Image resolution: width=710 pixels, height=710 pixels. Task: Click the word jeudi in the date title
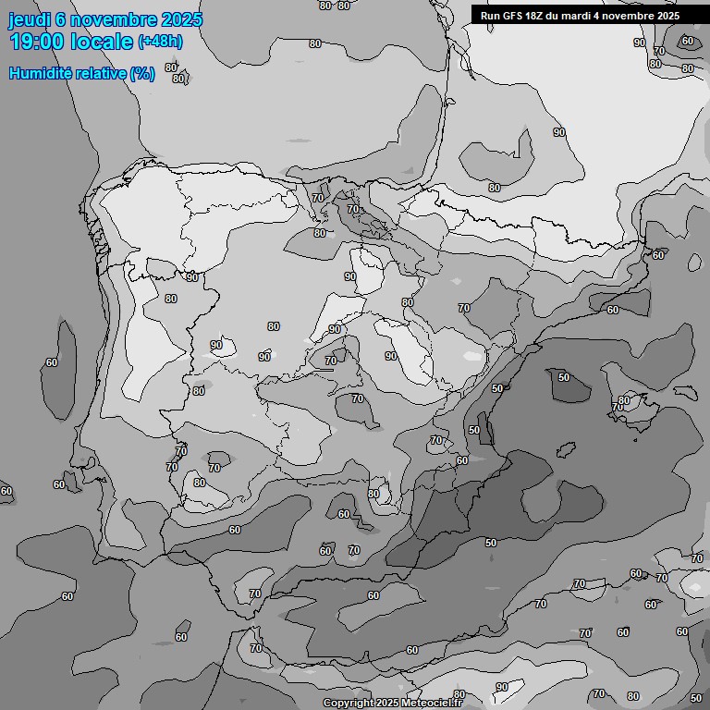pos(29,20)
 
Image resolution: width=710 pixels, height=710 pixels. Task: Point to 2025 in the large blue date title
pos(180,20)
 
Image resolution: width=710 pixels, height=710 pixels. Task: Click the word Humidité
pos(39,74)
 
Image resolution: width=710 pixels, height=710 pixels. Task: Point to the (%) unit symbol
pos(142,74)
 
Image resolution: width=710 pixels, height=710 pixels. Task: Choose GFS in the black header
pos(512,16)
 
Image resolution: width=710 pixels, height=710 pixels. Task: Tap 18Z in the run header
pos(535,16)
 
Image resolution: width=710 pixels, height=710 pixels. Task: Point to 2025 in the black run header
pos(667,16)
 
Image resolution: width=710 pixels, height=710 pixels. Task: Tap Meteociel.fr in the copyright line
pos(434,704)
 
